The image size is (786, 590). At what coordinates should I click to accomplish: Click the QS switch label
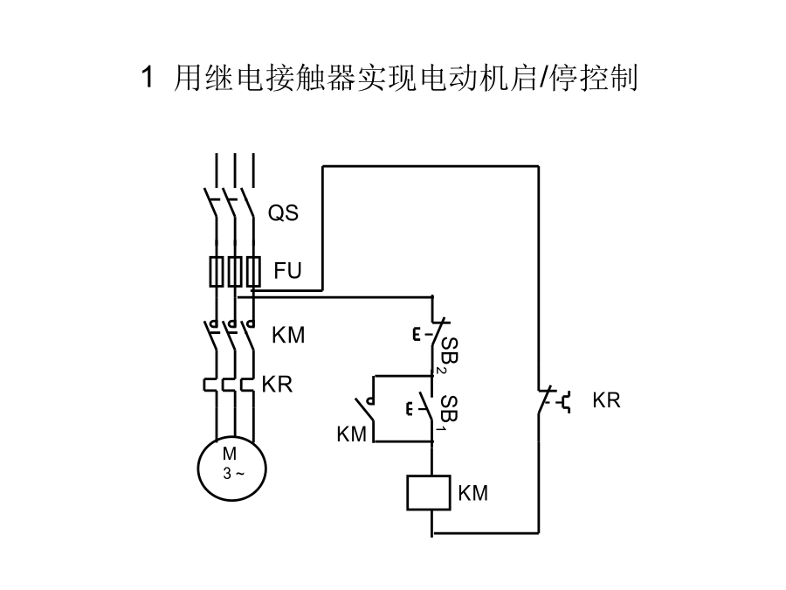283,213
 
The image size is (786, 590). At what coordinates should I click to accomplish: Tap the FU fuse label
287,271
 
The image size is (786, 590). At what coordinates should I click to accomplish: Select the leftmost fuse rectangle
216,272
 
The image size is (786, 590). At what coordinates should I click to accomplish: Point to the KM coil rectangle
429,493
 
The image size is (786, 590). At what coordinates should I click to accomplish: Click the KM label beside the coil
472,493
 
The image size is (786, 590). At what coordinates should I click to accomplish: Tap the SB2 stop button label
449,356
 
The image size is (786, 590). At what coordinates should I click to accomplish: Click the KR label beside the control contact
606,400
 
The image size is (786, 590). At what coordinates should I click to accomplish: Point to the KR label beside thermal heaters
277,385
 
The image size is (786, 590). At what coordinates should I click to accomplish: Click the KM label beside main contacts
288,335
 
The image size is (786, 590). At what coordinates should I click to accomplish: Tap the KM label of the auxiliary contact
351,434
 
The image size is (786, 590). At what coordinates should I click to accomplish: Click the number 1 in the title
147,77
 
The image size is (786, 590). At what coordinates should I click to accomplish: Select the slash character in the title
543,79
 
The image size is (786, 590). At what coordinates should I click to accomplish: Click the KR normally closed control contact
544,400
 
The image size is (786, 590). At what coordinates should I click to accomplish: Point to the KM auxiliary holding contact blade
365,409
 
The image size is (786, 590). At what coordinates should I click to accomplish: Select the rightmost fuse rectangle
253,272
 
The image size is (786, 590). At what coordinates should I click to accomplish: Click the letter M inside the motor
230,454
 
